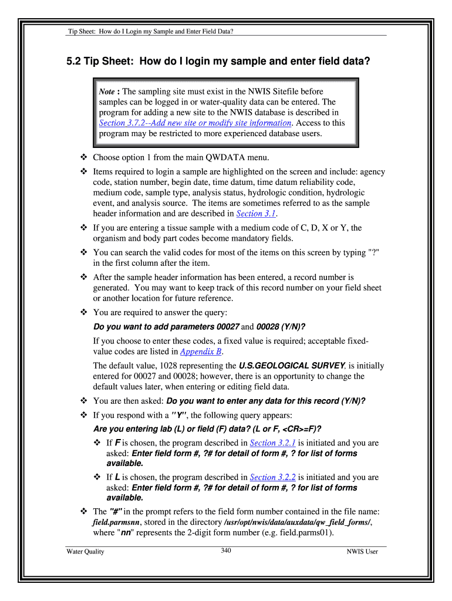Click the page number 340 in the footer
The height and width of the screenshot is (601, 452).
click(x=226, y=550)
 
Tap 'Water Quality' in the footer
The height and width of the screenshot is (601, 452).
click(x=85, y=552)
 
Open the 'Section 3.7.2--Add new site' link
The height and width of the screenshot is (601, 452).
click(x=195, y=123)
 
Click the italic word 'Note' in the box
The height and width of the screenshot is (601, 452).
click(x=106, y=92)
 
